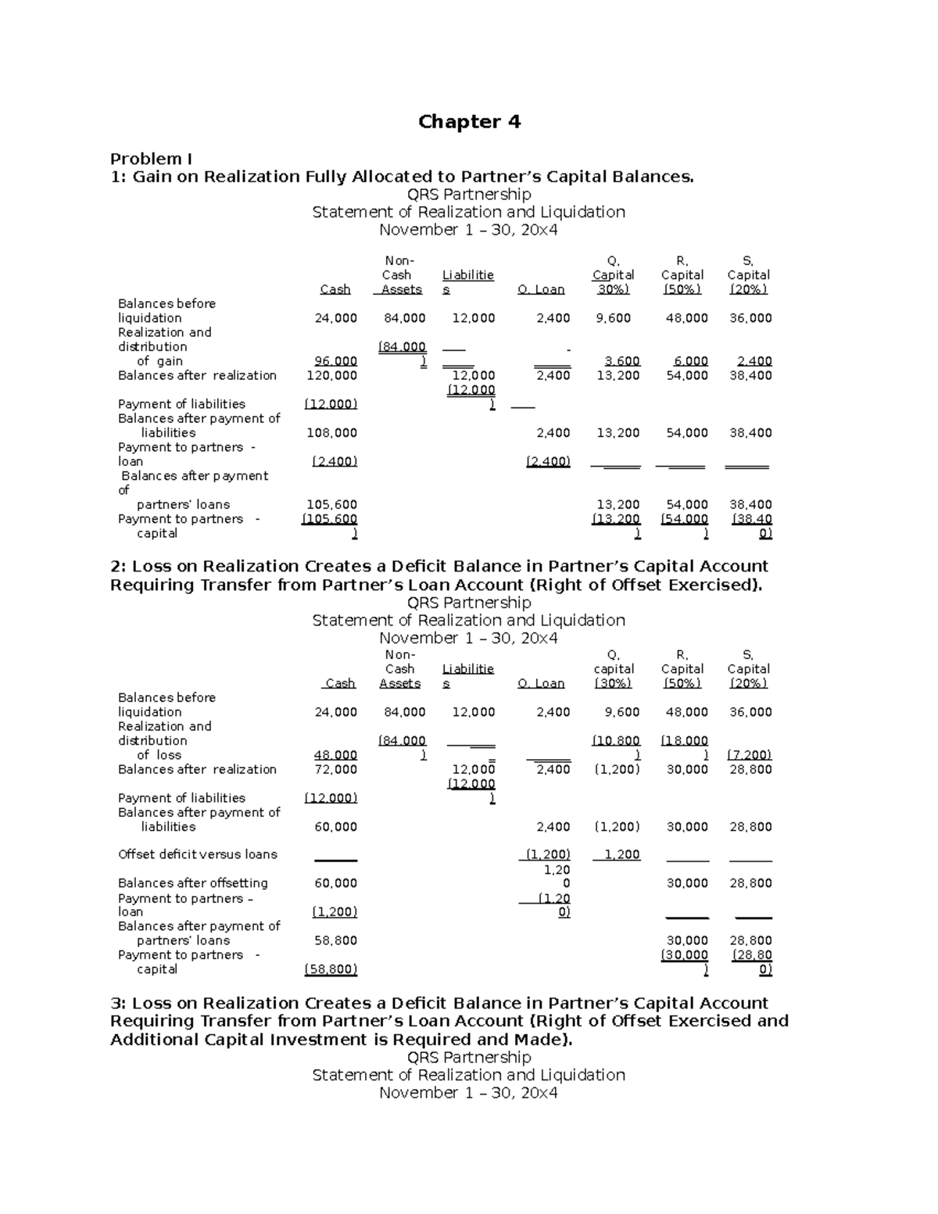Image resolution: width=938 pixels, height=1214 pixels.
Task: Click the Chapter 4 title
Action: coord(469,122)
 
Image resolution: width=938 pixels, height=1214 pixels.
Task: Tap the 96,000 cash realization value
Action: coord(335,361)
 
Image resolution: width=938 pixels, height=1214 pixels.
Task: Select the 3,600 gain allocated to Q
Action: coord(622,361)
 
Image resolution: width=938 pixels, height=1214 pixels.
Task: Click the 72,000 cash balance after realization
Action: coord(335,769)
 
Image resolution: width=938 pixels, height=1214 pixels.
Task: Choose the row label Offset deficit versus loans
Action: coord(197,854)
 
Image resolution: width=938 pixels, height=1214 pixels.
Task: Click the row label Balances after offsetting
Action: coord(192,883)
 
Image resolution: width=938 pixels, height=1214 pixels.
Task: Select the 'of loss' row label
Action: coord(159,755)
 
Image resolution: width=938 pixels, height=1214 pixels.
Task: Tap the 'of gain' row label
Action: coord(159,361)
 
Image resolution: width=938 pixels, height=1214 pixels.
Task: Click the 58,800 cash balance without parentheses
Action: coord(335,940)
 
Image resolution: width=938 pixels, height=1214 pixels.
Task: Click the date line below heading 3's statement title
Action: coord(468,1093)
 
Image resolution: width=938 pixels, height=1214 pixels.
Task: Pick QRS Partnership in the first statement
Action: coord(469,194)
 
